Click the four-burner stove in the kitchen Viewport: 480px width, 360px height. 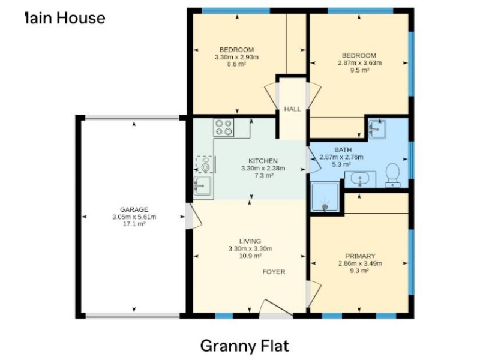[x=224, y=127]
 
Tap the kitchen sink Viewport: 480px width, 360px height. [x=202, y=185]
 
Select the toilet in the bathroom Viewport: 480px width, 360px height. [x=393, y=175]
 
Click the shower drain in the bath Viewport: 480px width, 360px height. [x=325, y=207]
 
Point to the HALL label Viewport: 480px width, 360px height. [x=292, y=109]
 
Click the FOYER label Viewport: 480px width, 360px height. [x=274, y=272]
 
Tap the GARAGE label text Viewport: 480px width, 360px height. [x=134, y=209]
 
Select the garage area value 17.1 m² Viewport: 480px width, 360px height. [x=134, y=224]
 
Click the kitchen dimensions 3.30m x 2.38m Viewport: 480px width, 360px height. [x=263, y=169]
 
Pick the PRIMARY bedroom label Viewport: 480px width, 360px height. [x=360, y=256]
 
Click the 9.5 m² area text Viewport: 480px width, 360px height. [x=359, y=70]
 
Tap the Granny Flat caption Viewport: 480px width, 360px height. [x=245, y=346]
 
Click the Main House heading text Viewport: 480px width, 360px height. [x=64, y=18]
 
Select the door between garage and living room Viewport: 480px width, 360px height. [x=193, y=216]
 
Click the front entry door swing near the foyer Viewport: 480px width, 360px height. [x=276, y=307]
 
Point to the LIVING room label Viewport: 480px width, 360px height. [x=250, y=241]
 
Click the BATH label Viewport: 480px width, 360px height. [x=343, y=150]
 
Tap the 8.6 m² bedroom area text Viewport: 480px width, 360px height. [x=236, y=64]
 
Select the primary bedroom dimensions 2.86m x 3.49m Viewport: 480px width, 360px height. [x=361, y=263]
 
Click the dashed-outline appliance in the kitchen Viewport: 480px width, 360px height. [x=205, y=164]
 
